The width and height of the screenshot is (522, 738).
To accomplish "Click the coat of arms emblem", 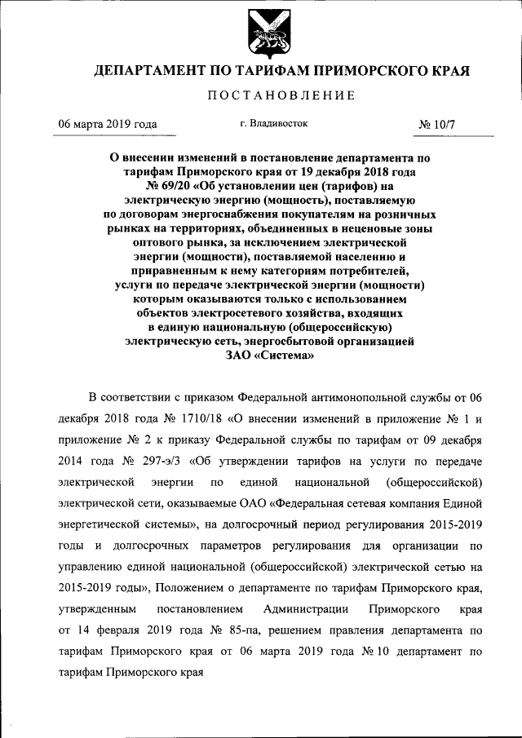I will [x=261, y=32].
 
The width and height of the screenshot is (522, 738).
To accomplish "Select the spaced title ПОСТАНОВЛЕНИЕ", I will [x=281, y=96].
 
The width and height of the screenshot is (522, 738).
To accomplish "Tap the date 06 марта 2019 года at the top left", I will [x=106, y=125].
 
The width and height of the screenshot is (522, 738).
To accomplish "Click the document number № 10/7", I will [x=440, y=126].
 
